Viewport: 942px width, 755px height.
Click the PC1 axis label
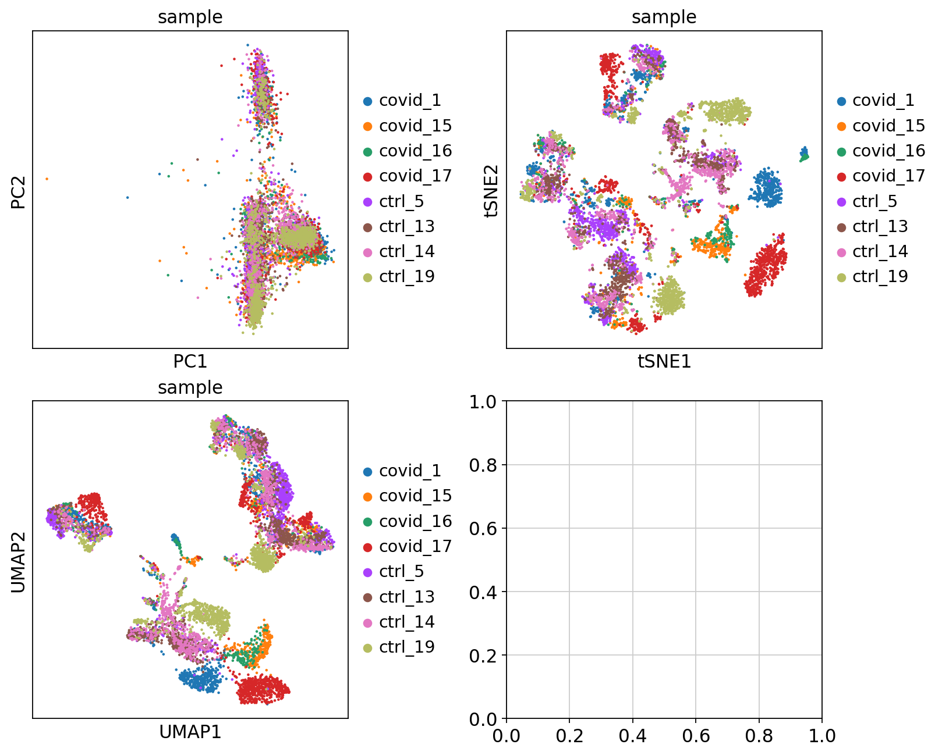click(190, 362)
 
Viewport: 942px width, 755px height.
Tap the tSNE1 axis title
click(664, 362)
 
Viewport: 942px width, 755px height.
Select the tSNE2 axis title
click(492, 190)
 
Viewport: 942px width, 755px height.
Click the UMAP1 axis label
click(190, 732)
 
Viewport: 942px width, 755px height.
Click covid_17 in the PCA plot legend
click(415, 176)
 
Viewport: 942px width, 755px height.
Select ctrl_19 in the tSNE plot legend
click(880, 276)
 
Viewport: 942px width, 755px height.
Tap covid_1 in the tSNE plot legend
click(883, 101)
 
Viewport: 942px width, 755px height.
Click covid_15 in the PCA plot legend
click(415, 126)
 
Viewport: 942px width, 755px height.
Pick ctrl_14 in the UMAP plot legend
click(406, 622)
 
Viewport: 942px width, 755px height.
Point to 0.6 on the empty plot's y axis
click(483, 528)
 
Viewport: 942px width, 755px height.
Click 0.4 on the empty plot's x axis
click(632, 736)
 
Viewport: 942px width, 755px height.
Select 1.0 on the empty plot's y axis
click(483, 401)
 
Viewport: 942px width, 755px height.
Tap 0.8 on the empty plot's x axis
click(759, 736)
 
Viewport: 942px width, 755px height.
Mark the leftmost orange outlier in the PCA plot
click(47, 179)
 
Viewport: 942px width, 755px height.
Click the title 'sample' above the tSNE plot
click(664, 17)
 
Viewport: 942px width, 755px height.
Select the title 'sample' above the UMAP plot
click(190, 388)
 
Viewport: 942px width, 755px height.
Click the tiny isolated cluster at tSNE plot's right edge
click(804, 154)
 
